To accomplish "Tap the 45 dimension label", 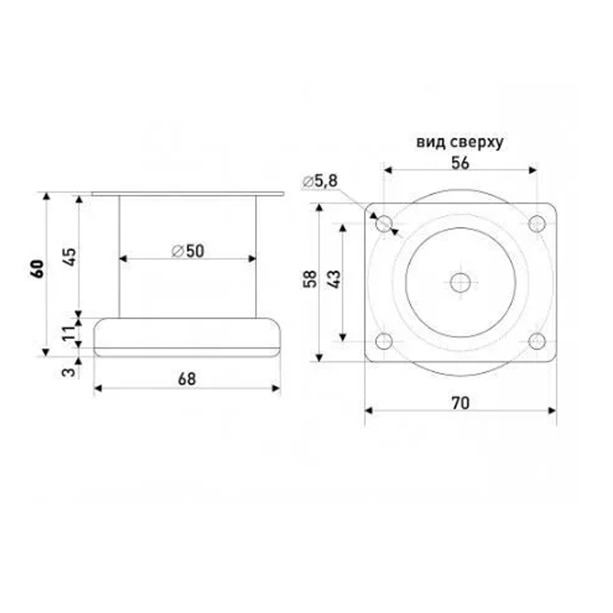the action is (70, 256).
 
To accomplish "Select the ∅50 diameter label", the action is (188, 251).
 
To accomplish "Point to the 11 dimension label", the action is (69, 333).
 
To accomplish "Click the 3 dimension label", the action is (69, 371).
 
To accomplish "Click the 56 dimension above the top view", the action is (460, 163).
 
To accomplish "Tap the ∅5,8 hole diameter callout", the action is (320, 181).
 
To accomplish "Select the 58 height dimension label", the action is (310, 279).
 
